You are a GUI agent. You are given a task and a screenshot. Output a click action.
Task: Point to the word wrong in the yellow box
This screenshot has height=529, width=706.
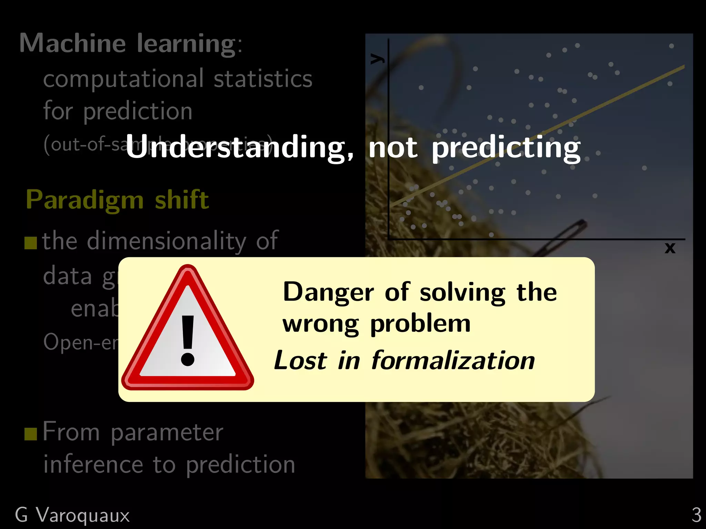321,324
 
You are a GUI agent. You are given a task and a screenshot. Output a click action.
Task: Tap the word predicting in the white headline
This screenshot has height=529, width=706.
506,148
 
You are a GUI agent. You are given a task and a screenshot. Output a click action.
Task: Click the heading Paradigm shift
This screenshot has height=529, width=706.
117,200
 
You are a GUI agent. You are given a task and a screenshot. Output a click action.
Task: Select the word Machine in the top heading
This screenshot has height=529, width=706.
72,43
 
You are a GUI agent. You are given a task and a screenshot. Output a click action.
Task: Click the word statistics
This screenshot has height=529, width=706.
263,79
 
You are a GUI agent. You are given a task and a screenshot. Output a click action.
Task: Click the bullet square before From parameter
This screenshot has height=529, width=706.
31,434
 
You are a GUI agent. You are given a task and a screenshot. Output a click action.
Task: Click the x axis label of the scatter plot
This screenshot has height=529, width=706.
670,248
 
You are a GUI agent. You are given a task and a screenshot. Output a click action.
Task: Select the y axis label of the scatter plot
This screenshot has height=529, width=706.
377,59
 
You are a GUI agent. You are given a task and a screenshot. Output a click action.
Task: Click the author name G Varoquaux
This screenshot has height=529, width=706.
72,515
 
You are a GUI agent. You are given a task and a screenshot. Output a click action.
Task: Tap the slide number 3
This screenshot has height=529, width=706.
696,515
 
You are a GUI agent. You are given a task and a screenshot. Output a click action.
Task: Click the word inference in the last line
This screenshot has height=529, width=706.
93,465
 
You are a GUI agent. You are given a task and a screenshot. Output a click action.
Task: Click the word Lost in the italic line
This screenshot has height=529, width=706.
300,361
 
